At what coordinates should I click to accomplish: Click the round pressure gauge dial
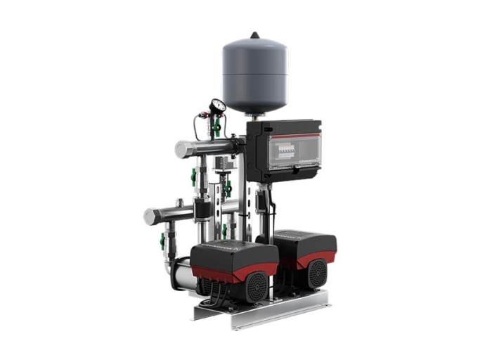tap(218, 106)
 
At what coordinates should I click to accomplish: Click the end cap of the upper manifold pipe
tap(180, 149)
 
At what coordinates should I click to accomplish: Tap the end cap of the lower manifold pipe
tap(149, 217)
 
